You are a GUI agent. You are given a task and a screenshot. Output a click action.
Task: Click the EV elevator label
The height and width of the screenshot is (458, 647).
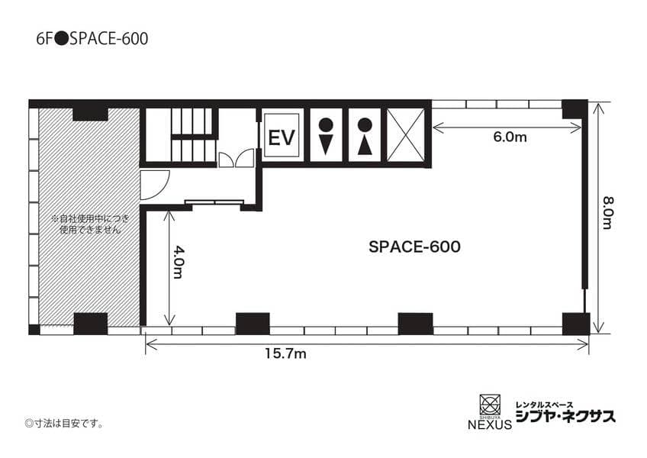coord(282,137)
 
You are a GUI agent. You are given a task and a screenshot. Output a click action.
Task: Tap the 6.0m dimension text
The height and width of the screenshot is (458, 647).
coord(510,137)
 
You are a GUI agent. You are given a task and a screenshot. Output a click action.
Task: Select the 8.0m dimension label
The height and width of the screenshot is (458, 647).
coord(608,213)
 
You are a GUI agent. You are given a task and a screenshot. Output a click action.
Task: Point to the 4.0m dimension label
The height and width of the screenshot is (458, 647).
coord(179,263)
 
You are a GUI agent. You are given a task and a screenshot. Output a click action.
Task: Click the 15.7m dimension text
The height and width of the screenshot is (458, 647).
coord(285,353)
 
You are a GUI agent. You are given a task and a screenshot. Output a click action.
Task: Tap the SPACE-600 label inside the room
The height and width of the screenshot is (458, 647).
coord(414,247)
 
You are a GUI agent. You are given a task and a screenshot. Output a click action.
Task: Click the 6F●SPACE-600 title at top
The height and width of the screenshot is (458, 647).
coord(92,39)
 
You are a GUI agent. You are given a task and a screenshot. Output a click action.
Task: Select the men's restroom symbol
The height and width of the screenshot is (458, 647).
coord(326,137)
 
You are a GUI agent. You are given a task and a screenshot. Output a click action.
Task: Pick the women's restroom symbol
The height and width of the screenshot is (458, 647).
coord(365,137)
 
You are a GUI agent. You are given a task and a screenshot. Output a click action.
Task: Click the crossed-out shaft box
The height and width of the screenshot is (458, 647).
coord(406,134)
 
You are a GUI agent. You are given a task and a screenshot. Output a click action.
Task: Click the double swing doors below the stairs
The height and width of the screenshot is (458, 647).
coord(236,159)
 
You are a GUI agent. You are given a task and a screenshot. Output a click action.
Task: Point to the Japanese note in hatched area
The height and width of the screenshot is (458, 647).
coord(90,224)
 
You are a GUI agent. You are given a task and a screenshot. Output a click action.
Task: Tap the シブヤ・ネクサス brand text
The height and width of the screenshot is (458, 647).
coord(565,416)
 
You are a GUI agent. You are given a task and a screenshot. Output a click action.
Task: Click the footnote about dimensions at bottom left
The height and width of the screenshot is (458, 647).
coord(64,424)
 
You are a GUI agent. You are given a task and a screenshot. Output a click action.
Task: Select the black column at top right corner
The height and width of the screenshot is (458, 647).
coord(575,109)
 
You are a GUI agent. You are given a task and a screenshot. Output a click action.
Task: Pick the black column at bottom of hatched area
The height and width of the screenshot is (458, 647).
coord(90,324)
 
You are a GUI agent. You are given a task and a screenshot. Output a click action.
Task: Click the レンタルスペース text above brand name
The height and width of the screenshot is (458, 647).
coord(544,405)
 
